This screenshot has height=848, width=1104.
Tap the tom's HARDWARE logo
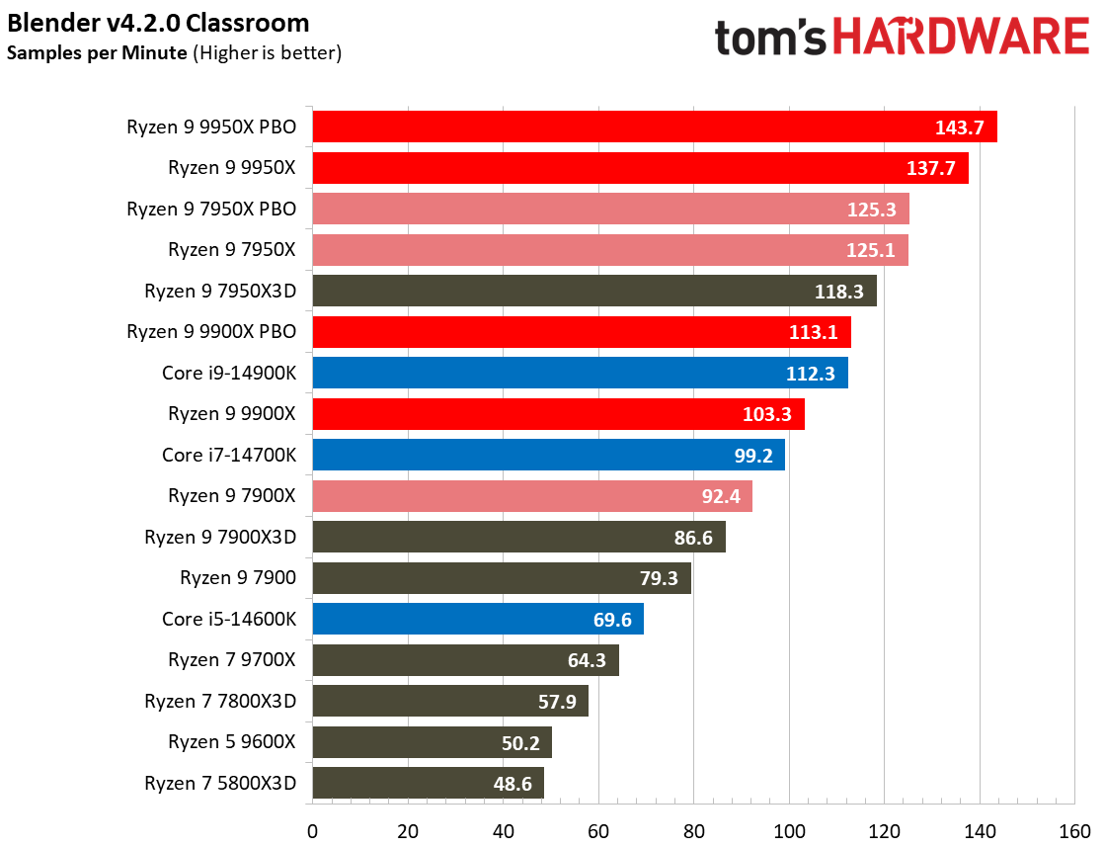point(902,38)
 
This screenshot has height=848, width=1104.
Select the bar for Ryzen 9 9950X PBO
point(654,127)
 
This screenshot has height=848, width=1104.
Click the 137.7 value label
point(930,168)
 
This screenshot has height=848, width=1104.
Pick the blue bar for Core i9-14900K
point(580,373)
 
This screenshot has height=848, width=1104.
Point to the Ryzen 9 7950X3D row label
point(220,291)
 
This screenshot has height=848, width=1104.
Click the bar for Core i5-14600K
point(478,620)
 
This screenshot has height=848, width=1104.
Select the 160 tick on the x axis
point(1073,828)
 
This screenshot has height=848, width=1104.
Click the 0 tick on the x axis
point(312,828)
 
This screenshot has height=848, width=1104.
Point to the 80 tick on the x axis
point(693,828)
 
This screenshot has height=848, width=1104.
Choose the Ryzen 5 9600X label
point(232,742)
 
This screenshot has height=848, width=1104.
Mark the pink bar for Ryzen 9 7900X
point(532,496)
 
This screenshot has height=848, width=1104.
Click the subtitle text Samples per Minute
point(96,53)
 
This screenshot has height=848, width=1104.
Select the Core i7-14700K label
point(229,455)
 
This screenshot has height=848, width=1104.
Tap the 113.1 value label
point(814,332)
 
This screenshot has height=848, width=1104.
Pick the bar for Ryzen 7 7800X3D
point(450,702)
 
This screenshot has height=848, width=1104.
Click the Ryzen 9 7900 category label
point(238,577)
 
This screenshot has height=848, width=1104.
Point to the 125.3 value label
point(871,209)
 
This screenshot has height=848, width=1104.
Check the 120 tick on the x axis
point(883,828)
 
